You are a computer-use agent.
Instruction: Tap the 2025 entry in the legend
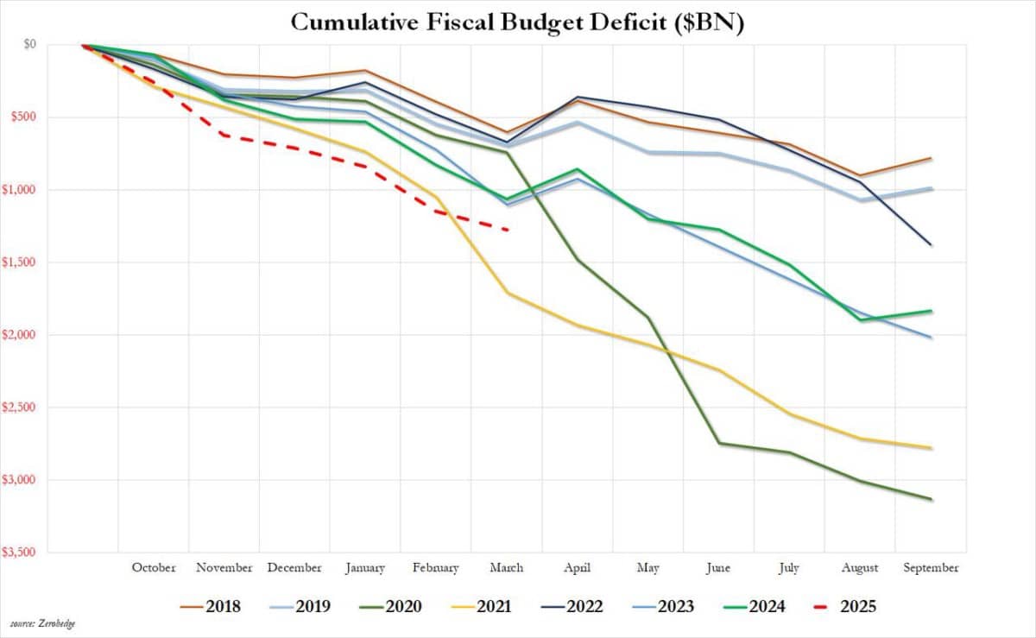(846, 607)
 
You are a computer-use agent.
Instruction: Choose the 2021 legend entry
(478, 607)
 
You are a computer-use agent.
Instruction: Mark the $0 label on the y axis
(29, 44)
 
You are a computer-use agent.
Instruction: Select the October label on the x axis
(154, 568)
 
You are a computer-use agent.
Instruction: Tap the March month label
(506, 568)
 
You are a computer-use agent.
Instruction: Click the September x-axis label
(931, 568)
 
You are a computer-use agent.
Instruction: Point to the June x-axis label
(717, 568)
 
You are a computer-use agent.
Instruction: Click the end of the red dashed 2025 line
(507, 230)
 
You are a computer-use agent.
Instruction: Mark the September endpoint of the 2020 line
(932, 499)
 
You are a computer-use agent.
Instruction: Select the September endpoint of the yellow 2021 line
(932, 448)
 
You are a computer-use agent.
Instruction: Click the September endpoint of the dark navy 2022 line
(932, 245)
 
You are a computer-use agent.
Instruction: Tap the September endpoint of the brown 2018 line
(932, 158)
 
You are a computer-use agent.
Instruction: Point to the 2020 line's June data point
(719, 443)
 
